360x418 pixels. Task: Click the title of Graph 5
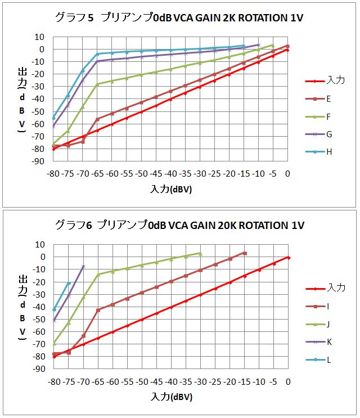click(x=179, y=17)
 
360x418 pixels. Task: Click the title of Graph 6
click(x=179, y=225)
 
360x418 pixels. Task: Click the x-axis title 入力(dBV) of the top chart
click(x=171, y=189)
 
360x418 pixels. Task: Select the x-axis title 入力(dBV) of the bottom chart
click(x=171, y=397)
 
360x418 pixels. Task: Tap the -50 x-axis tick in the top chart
click(x=141, y=174)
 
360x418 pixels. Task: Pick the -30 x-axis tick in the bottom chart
click(x=200, y=381)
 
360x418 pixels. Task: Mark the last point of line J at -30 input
click(x=200, y=253)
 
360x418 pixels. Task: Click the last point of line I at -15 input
click(x=245, y=253)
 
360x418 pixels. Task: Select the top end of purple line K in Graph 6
click(x=83, y=266)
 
